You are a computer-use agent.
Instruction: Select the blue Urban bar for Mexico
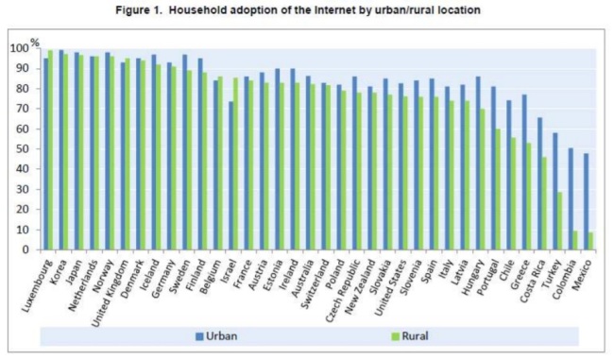[586, 201]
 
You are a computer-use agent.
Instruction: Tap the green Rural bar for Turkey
[560, 220]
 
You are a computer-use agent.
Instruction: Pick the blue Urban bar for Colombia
[571, 198]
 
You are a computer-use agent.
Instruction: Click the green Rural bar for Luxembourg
[50, 149]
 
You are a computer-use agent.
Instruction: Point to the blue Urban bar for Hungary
[478, 163]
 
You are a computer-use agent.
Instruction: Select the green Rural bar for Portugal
[499, 189]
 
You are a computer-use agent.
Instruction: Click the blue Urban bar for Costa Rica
[539, 183]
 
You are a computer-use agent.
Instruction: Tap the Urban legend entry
[216, 336]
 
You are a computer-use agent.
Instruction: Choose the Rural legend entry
[410, 336]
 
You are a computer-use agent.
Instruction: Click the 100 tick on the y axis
[20, 48]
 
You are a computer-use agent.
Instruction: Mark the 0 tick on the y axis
[26, 249]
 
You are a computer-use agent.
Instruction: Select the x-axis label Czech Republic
[344, 291]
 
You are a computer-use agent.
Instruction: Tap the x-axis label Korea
[60, 270]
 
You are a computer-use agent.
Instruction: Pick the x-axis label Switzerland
[316, 284]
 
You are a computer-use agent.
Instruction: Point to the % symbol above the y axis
[35, 43]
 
